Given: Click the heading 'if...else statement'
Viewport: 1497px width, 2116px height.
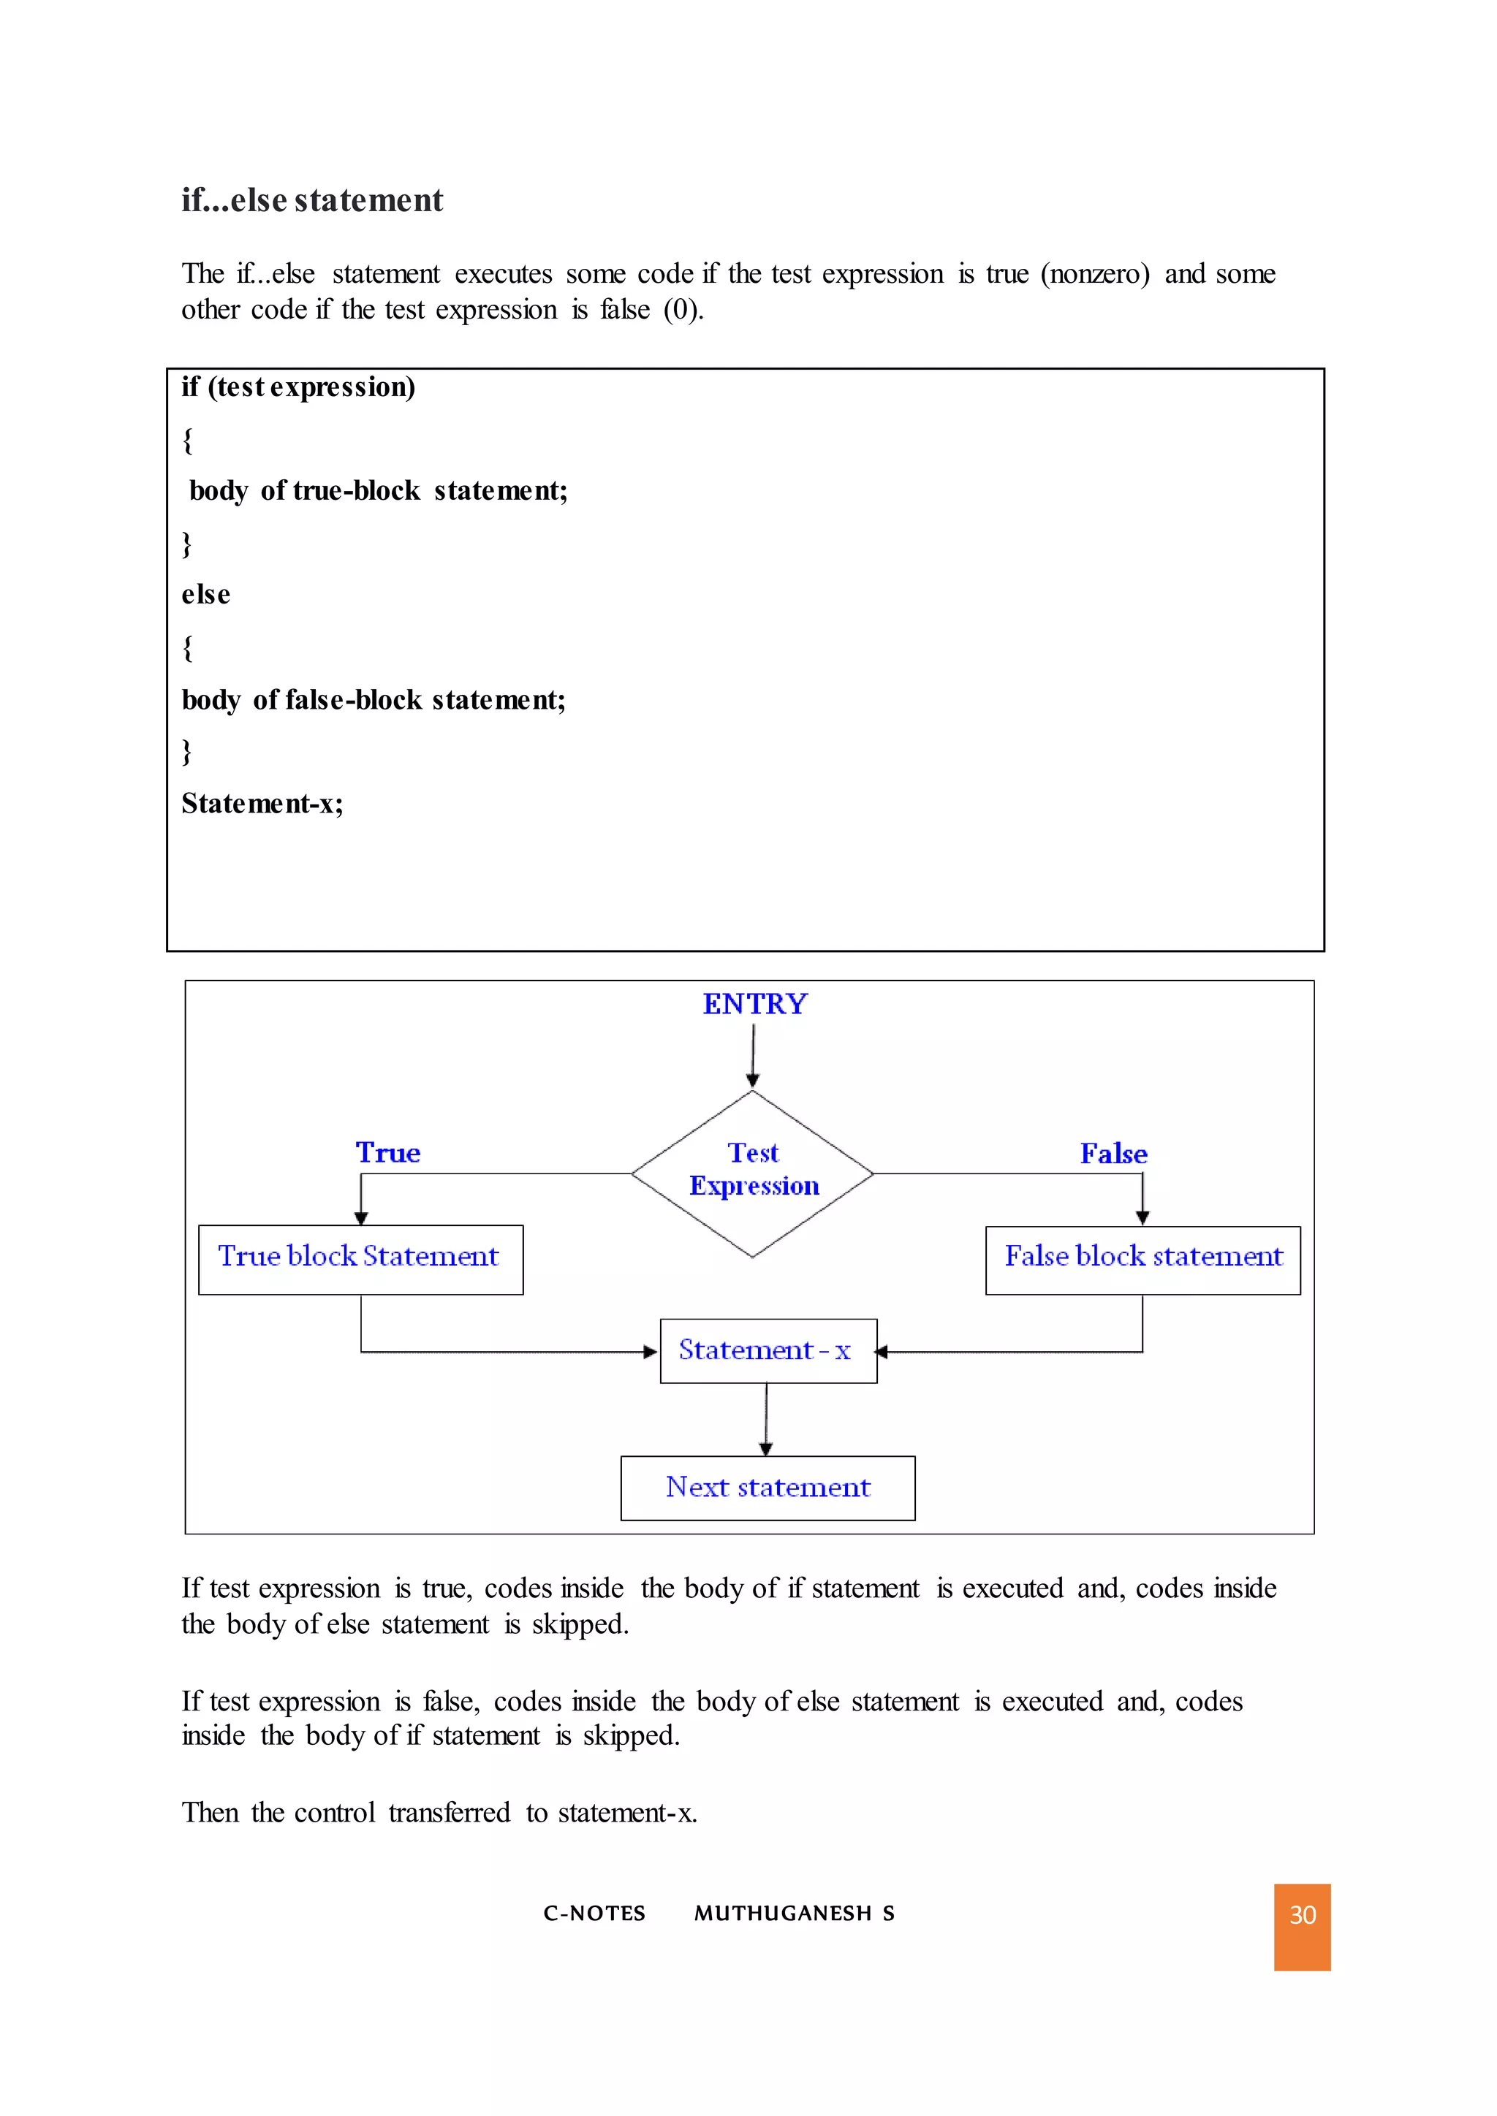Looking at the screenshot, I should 311,200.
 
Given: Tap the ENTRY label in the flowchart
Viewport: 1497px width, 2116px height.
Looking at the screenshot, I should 754,1004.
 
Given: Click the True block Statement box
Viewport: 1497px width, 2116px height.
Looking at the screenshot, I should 360,1259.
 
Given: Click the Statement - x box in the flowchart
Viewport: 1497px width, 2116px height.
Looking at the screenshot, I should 768,1350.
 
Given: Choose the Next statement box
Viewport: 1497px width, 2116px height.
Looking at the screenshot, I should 767,1488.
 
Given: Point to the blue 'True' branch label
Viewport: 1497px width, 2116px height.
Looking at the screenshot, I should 388,1153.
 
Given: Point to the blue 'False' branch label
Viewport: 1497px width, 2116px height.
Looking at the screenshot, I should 1113,1154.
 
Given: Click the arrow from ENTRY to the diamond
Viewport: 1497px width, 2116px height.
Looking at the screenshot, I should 753,1056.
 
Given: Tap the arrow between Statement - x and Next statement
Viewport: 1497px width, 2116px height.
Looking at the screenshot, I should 766,1419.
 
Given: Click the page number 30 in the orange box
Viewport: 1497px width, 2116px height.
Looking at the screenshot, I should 1302,1915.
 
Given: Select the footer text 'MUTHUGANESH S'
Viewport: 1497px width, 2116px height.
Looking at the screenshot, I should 794,1914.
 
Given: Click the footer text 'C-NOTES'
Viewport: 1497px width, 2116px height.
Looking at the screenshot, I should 594,1914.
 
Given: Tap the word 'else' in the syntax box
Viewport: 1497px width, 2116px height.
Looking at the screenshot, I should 205,595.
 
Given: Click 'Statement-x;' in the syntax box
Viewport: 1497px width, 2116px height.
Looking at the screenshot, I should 262,804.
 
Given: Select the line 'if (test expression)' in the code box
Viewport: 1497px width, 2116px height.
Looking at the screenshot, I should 297,387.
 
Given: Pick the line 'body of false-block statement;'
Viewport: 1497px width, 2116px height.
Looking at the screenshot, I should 374,701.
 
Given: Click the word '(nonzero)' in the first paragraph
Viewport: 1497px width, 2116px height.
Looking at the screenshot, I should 1095,274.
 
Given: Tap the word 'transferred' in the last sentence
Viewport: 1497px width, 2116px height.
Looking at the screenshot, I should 449,1813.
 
